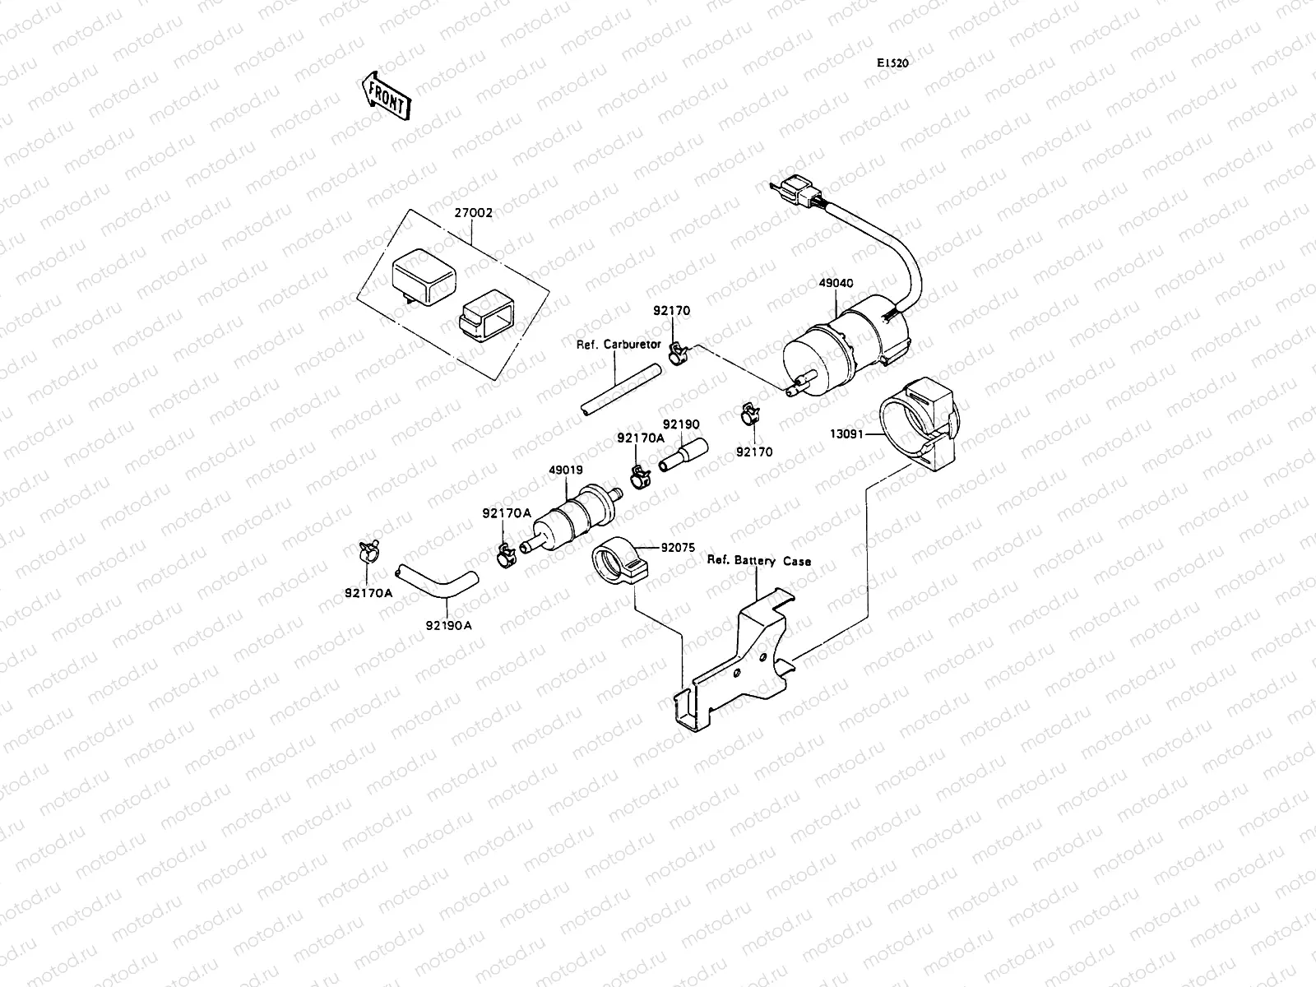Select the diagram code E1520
(x=892, y=63)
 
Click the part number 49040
(x=836, y=283)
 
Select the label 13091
(x=846, y=433)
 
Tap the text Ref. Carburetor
(x=618, y=345)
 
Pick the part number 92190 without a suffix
(x=681, y=424)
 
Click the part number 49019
(x=566, y=471)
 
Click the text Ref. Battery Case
(x=758, y=561)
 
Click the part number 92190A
(x=448, y=624)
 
